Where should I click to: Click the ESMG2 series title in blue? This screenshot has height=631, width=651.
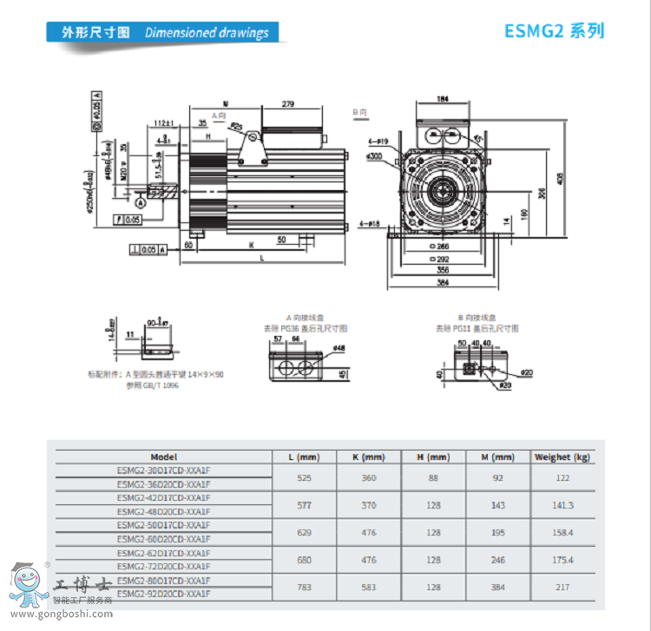554,31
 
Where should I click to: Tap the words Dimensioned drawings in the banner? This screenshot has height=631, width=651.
207,33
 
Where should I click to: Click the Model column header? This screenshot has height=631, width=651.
163,457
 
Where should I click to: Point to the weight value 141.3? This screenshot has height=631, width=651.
562,504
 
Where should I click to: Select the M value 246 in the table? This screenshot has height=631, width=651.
498,560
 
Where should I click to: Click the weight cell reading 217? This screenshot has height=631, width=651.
562,588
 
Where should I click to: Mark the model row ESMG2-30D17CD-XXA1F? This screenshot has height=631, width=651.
163,470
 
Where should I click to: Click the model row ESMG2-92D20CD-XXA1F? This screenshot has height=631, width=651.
163,594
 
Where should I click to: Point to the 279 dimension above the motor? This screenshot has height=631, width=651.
289,104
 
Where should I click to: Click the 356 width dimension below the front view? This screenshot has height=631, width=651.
443,269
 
